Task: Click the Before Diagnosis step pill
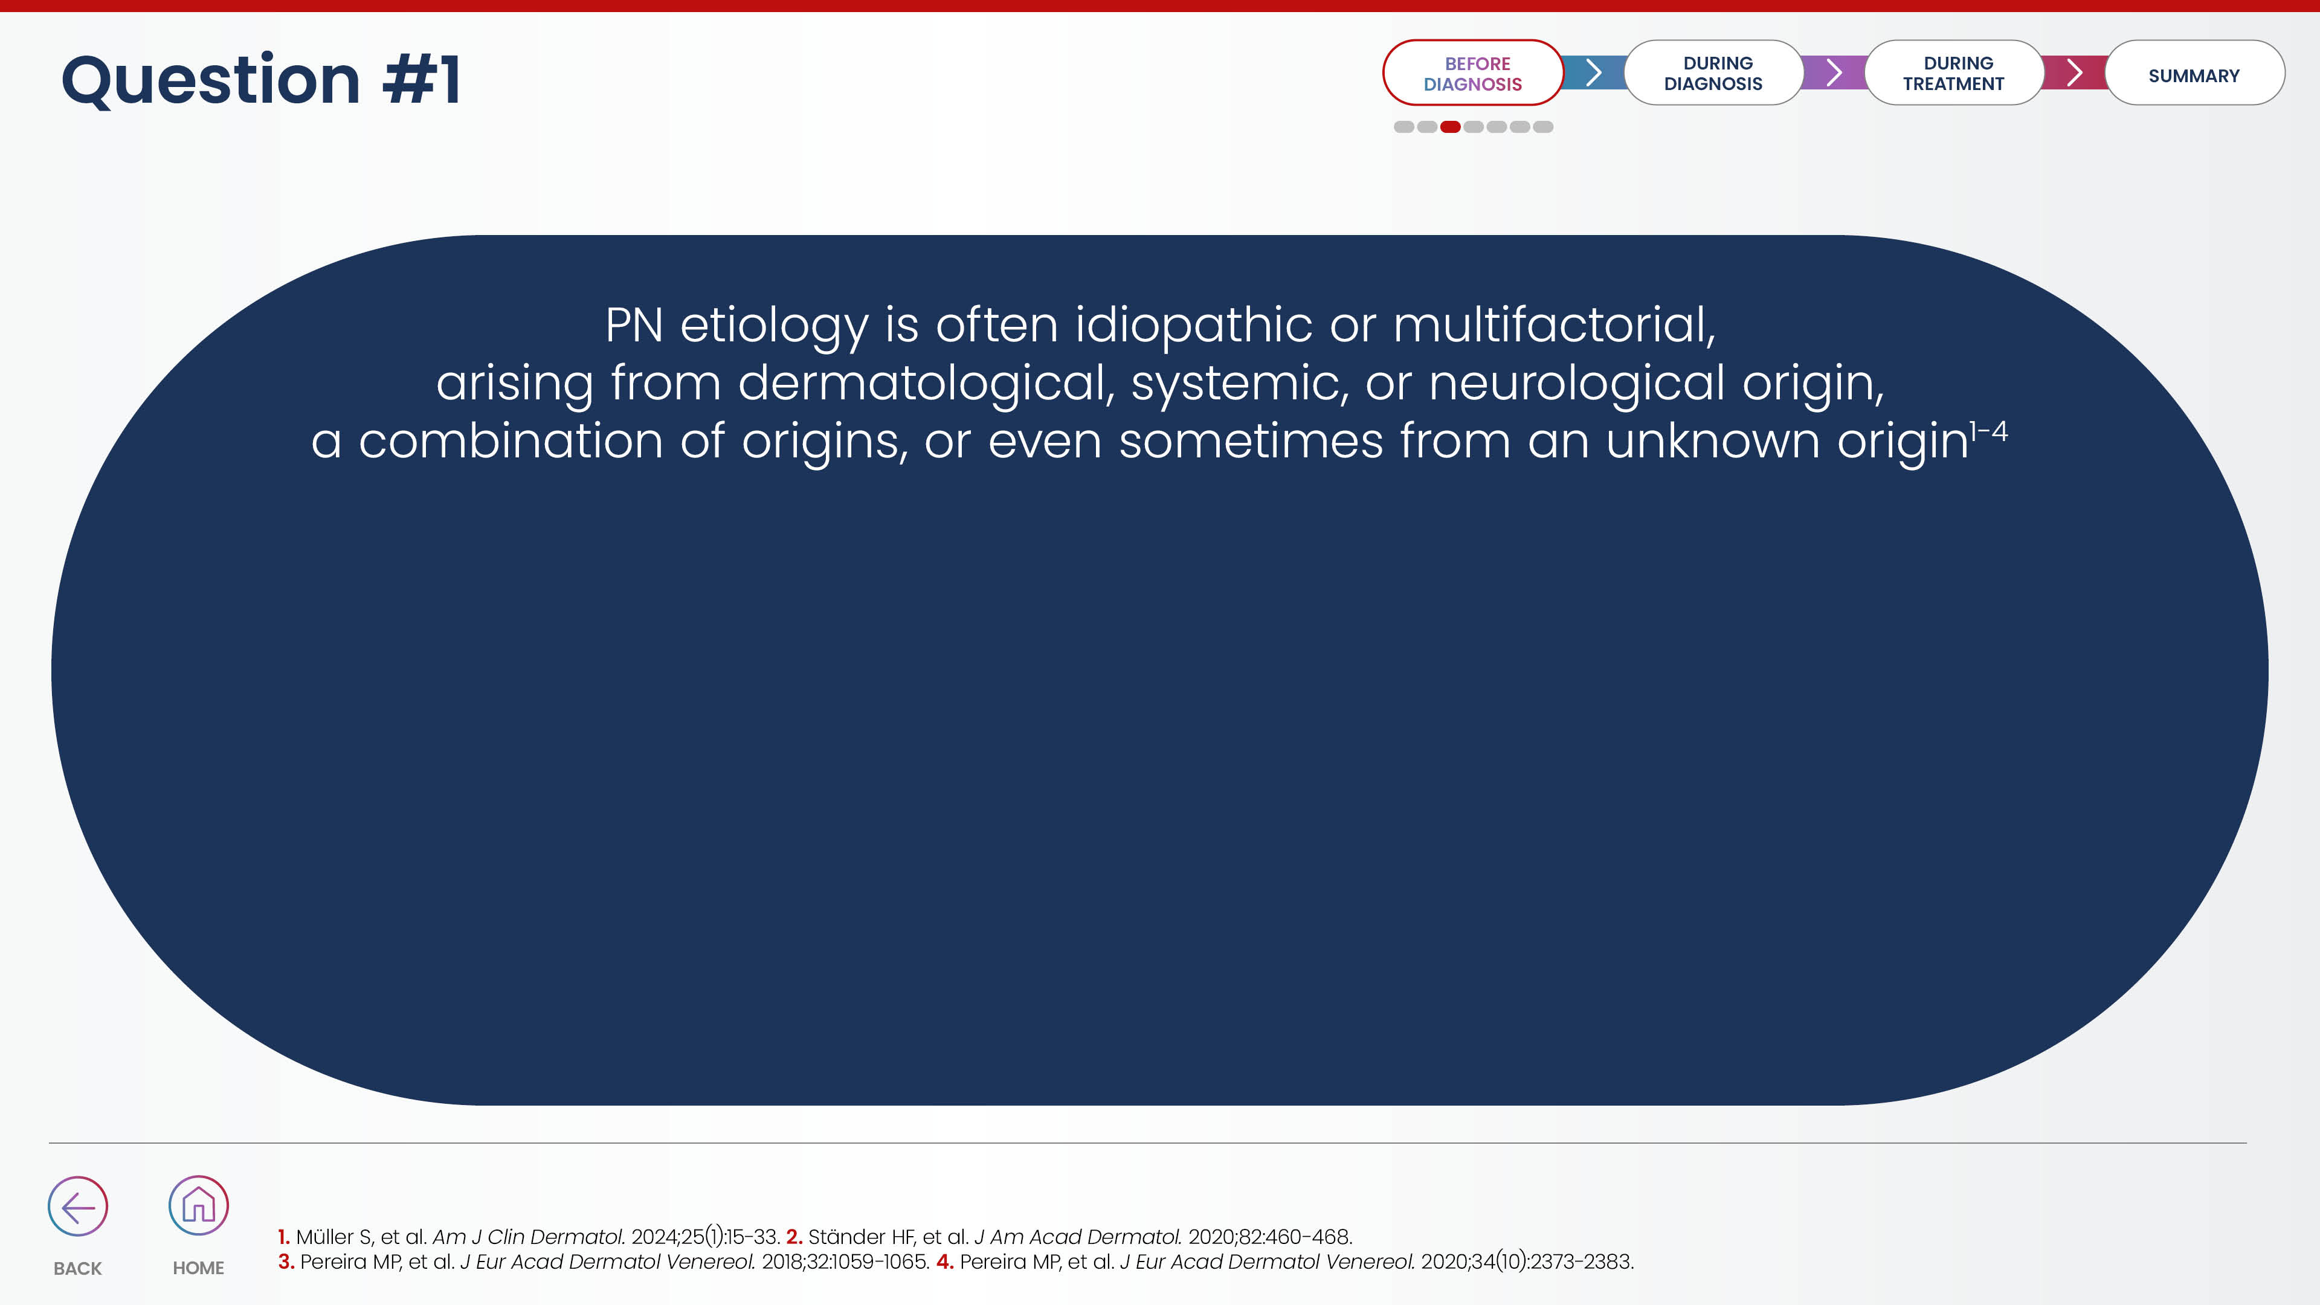(1472, 73)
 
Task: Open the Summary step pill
(2194, 73)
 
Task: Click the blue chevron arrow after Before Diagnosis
(1593, 72)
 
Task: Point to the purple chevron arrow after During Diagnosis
(1834, 72)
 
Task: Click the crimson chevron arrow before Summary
(2074, 72)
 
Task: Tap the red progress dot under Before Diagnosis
(1450, 127)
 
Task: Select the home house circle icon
(198, 1205)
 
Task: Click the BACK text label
(77, 1268)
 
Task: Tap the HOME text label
(198, 1268)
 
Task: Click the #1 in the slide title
(422, 79)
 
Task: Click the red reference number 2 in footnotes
(793, 1237)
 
